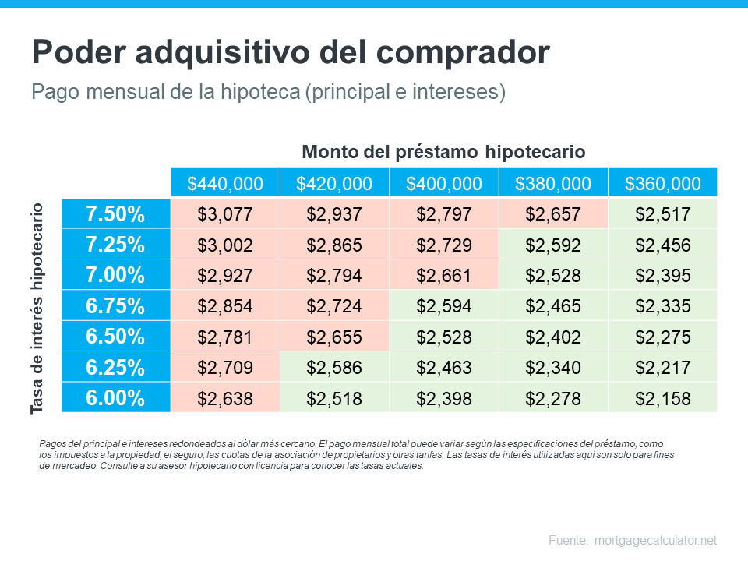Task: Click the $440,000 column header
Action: (x=225, y=184)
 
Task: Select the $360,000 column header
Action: (x=663, y=184)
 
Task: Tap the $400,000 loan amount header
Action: (x=444, y=184)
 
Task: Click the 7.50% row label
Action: (x=115, y=213)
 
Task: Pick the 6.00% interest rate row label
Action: (x=115, y=398)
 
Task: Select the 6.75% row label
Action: (x=115, y=306)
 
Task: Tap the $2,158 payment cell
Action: (x=663, y=399)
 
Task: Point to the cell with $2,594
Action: (x=444, y=306)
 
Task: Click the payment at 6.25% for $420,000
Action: (x=334, y=368)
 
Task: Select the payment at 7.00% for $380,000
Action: (x=553, y=276)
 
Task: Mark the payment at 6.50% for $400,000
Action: (x=444, y=337)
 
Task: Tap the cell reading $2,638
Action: (x=225, y=399)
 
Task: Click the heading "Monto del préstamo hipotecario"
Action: (x=443, y=151)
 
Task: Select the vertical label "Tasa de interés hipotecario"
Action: (x=37, y=309)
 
